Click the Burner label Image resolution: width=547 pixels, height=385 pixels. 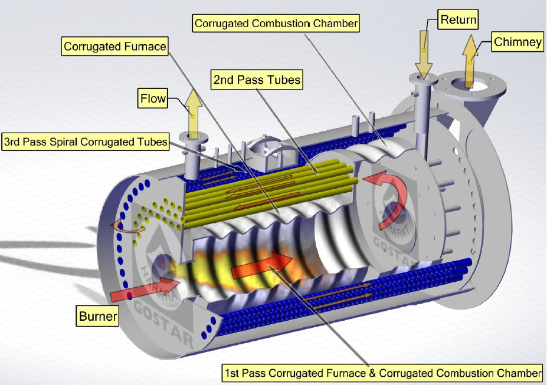(x=98, y=317)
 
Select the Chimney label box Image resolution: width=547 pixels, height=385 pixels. (x=517, y=42)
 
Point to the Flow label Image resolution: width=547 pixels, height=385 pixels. (x=153, y=97)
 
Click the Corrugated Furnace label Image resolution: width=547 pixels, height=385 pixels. (x=115, y=45)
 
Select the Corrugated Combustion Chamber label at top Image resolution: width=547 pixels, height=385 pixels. (x=276, y=24)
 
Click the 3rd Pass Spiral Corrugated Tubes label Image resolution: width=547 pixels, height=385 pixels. (x=86, y=142)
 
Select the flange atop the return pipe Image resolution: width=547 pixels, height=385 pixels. (x=424, y=78)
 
